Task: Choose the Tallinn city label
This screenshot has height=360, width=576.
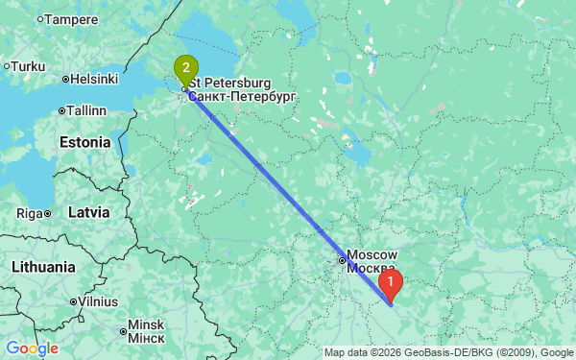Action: pos(85,110)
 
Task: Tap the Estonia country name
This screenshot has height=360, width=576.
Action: pos(85,142)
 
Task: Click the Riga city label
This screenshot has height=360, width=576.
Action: pos(34,212)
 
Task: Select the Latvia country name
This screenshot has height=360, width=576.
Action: pos(88,211)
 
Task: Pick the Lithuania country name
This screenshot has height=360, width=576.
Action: pos(43,266)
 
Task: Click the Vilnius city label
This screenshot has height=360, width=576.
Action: pos(98,301)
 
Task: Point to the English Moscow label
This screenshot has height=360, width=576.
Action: pos(372,253)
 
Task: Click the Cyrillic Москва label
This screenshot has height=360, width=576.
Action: pos(371,267)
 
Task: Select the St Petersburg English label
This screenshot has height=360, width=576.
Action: pos(230,84)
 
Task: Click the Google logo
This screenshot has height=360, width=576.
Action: pos(32,348)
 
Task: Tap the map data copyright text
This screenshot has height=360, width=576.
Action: pos(448,352)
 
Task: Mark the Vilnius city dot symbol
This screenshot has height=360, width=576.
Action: pos(74,301)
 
